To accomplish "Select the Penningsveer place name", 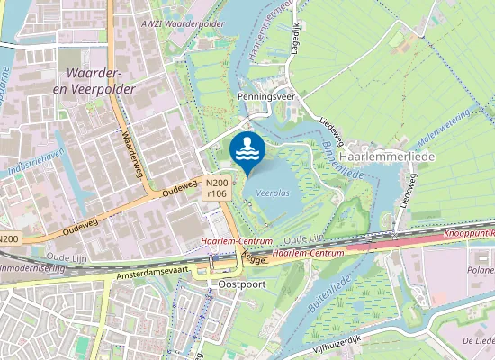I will tap(267, 94).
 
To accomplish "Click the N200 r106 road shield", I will tap(216, 187).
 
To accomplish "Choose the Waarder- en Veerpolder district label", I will tap(94, 80).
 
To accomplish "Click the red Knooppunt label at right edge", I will tap(467, 233).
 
